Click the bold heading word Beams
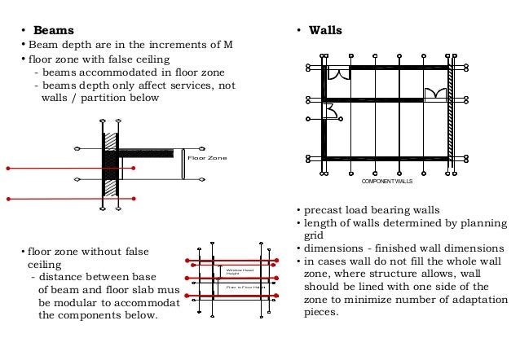(x=47, y=31)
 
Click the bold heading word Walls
(x=325, y=31)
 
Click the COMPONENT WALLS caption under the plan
(x=387, y=180)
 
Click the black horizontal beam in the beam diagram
(x=146, y=152)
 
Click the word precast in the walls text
(x=323, y=210)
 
